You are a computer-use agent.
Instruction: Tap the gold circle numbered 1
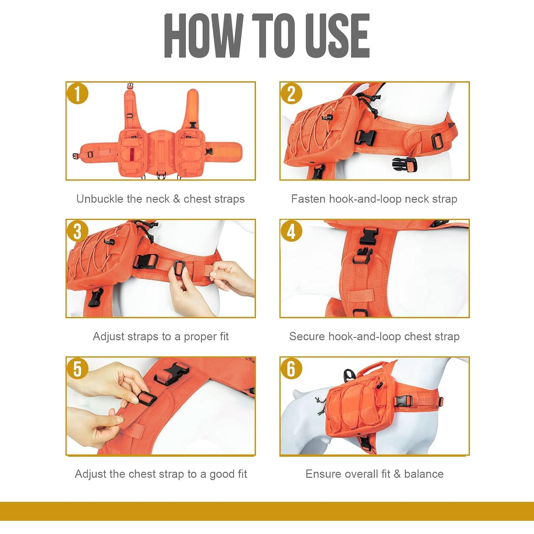click(77, 94)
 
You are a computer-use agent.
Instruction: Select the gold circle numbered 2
click(291, 94)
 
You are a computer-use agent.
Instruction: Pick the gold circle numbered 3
click(77, 231)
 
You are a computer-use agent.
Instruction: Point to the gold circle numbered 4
click(291, 231)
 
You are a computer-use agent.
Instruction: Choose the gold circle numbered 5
click(77, 369)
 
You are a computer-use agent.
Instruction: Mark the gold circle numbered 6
click(291, 369)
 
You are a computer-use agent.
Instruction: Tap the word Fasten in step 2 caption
click(308, 199)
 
